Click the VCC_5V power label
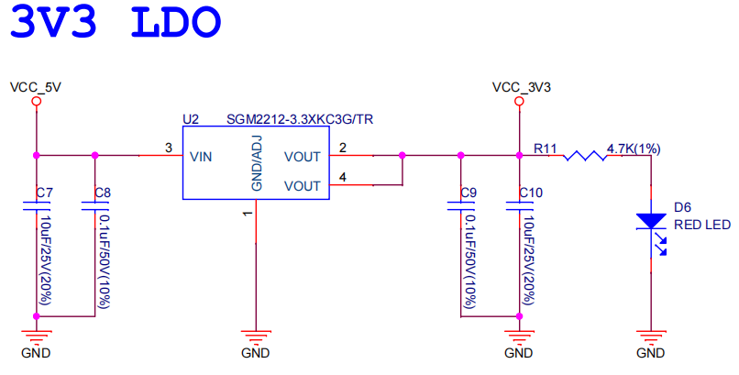point(35,87)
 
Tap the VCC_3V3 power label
point(521,87)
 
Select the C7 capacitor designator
point(44,193)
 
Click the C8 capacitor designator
point(103,193)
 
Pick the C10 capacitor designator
point(530,193)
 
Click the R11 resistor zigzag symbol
point(585,156)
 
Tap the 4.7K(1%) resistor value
point(634,149)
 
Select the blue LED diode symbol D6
point(650,221)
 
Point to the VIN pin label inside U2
point(202,157)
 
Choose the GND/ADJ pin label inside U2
point(257,163)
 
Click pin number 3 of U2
point(168,148)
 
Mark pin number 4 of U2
point(342,177)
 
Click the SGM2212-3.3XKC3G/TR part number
point(300,119)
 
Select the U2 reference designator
point(191,119)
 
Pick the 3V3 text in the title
point(54,22)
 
